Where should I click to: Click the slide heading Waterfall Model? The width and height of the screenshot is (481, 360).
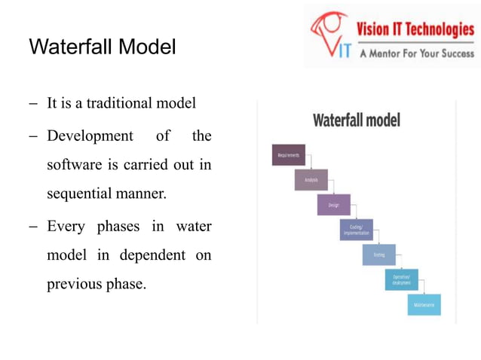pos(102,47)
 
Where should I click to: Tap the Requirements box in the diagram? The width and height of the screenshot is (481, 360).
pos(288,155)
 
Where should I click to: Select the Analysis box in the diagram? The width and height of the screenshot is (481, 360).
pos(311,180)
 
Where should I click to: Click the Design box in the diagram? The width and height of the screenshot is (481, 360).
pos(333,204)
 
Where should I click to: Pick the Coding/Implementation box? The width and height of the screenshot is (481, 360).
pos(356,230)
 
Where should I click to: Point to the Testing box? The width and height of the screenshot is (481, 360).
pos(378,255)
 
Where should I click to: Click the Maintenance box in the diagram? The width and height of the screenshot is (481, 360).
pos(424,304)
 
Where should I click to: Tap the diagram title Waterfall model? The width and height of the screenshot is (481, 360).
pos(356,121)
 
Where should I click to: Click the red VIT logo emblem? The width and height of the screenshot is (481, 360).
pos(331,34)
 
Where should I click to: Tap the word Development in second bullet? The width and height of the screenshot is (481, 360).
pos(89,136)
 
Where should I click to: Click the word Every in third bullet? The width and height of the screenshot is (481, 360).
pos(66,225)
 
